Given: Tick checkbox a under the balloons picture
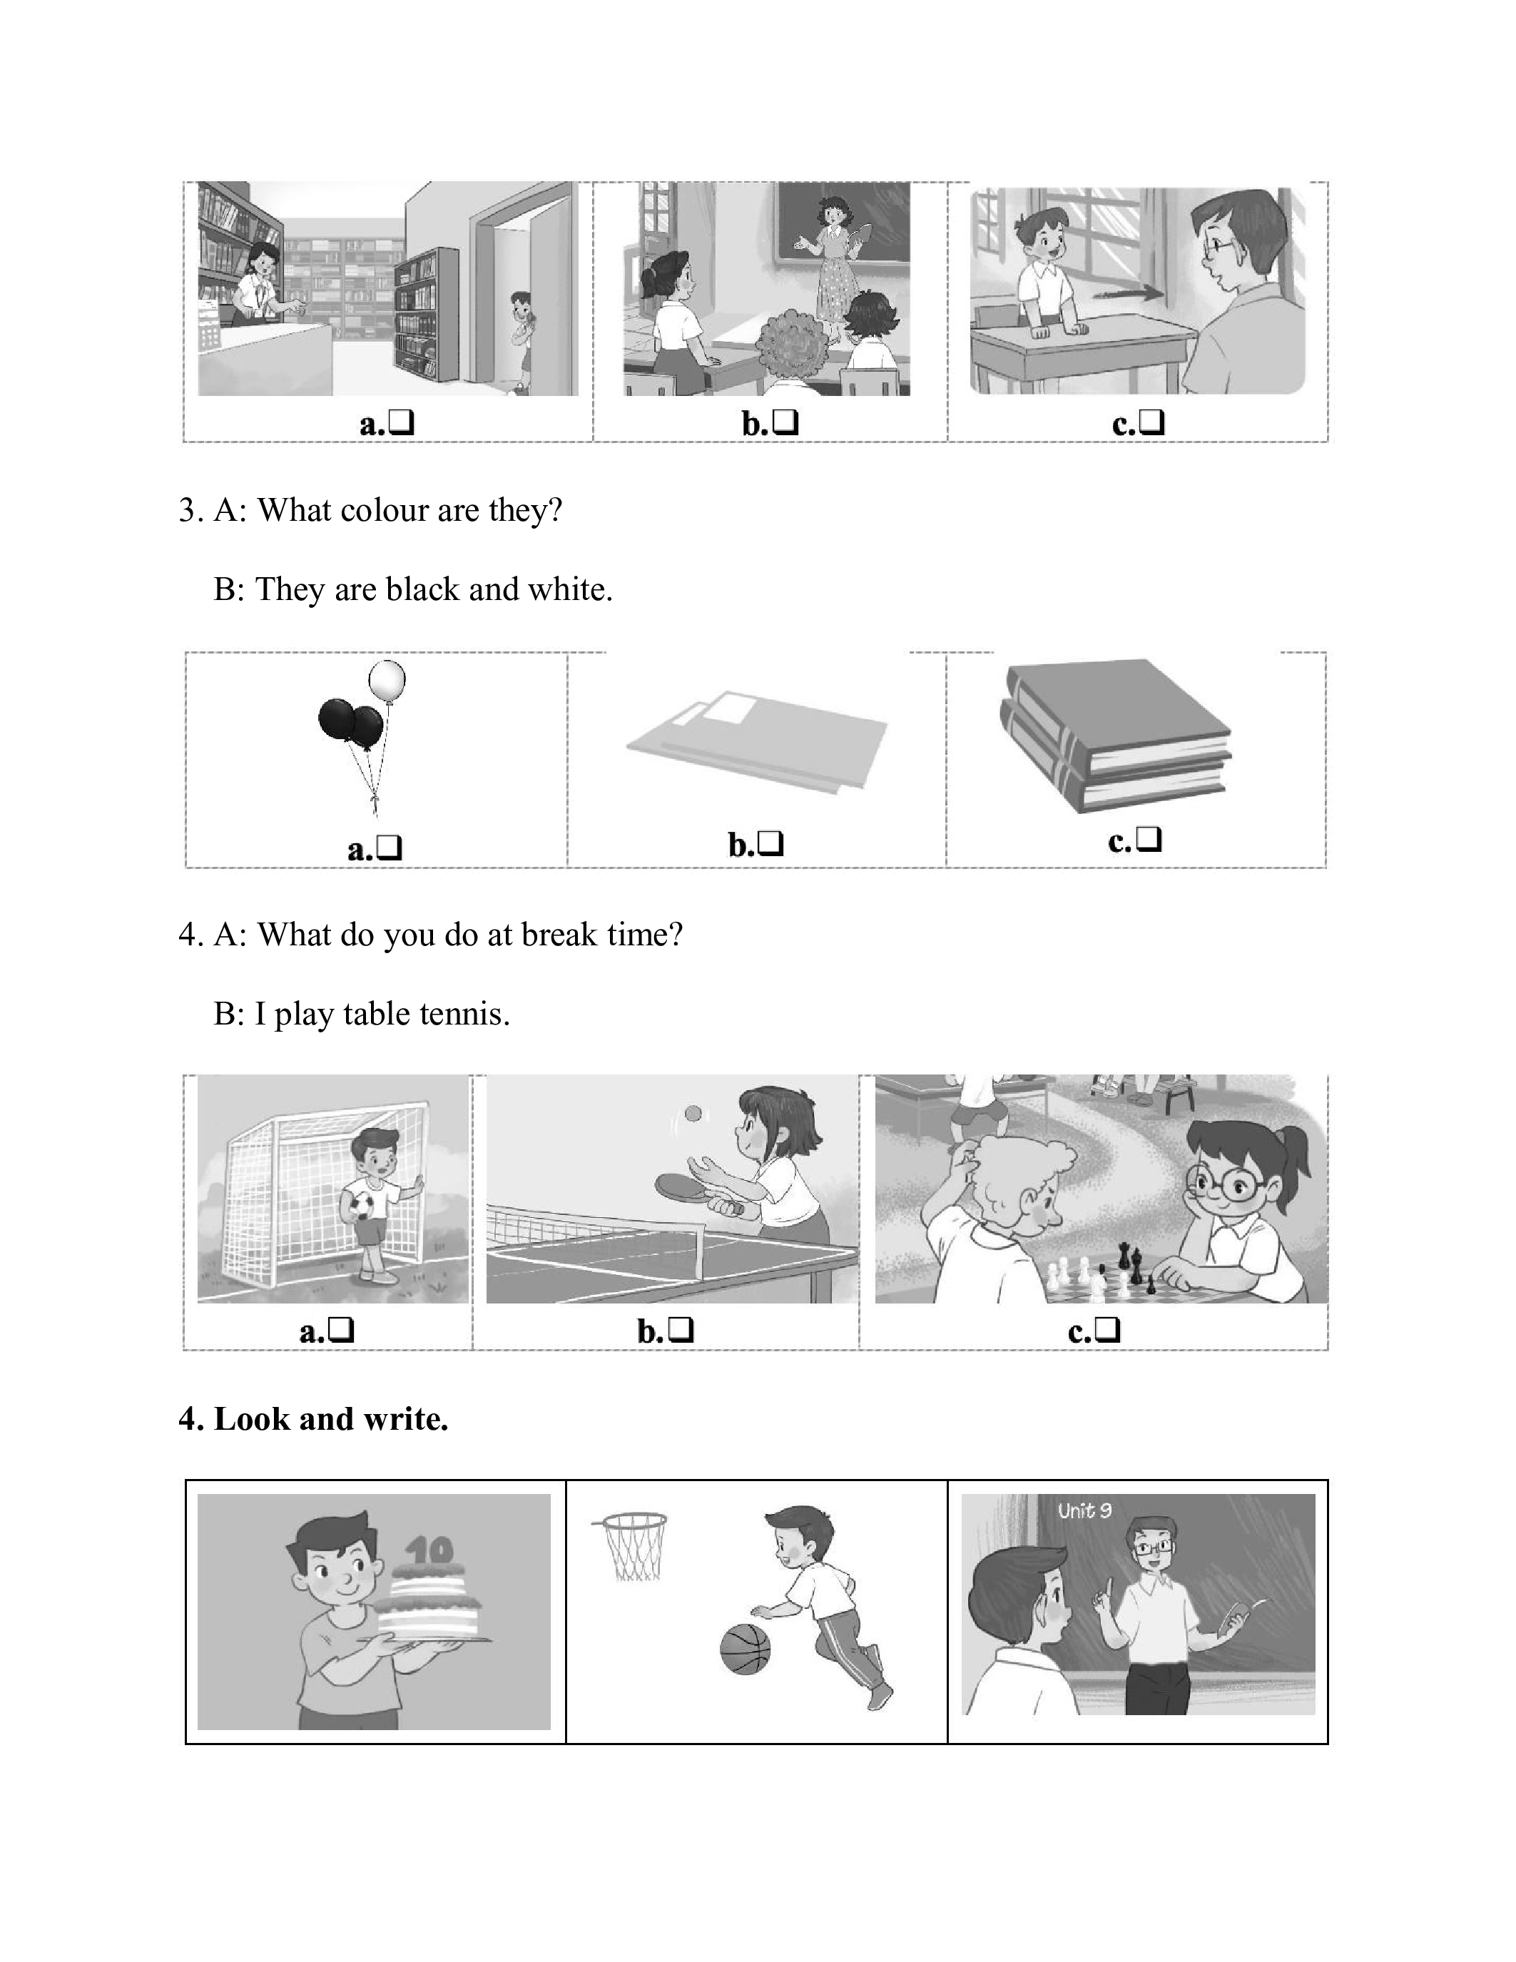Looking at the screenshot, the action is (x=390, y=848).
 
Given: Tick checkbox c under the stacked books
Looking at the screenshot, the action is (x=1149, y=840).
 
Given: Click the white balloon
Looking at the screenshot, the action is (x=387, y=682).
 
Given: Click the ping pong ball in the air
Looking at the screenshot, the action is (x=693, y=1113).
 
